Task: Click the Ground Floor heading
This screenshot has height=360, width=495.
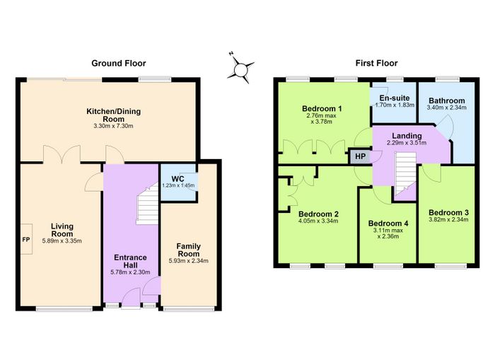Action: [x=119, y=63]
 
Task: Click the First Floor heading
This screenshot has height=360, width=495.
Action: [x=376, y=63]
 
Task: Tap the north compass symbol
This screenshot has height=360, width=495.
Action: [x=240, y=68]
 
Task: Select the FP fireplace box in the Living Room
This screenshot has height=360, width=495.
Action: [x=27, y=239]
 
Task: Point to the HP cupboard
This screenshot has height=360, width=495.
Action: [x=360, y=156]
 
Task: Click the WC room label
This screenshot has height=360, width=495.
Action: [x=177, y=179]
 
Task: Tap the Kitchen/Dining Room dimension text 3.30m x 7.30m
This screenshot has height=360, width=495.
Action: [x=114, y=126]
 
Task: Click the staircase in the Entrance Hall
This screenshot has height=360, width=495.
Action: [x=147, y=204]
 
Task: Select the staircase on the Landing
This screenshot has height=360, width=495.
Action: [x=406, y=174]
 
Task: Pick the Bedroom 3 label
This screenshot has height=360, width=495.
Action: [x=448, y=212]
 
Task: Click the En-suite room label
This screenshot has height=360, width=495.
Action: [x=395, y=98]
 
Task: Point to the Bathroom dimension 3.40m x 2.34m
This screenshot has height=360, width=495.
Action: [x=447, y=108]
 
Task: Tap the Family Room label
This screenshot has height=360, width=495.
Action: [x=189, y=250]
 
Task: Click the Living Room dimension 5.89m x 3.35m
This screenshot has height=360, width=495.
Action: [x=62, y=241]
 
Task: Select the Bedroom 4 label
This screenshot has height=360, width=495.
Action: [x=388, y=223]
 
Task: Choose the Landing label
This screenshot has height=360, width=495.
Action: [x=407, y=136]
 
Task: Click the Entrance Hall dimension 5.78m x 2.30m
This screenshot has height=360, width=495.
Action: [x=130, y=272]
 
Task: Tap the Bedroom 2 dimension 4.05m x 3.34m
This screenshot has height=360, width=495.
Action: [x=318, y=221]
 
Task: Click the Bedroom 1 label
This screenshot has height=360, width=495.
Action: [x=322, y=109]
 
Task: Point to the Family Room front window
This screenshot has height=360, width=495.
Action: [x=189, y=310]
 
